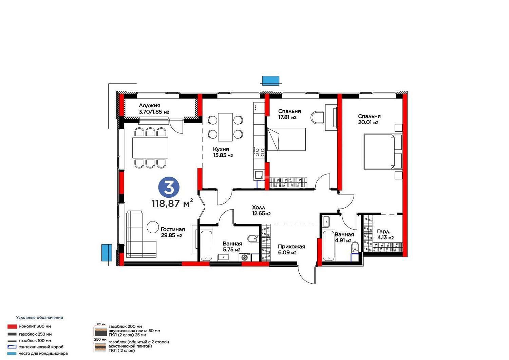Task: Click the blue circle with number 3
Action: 169,187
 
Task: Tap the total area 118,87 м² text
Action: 172,203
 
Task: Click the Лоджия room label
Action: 150,106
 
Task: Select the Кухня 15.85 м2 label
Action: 223,152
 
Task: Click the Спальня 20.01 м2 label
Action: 369,119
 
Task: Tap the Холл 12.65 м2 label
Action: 261,211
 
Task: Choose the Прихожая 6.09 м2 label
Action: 291,250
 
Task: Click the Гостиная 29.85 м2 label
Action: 173,232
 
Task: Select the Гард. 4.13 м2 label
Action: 385,235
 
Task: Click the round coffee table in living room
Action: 153,227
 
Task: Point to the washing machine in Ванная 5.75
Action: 245,257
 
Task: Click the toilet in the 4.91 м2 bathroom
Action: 355,247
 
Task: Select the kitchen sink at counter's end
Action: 259,175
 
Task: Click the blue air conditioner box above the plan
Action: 271,80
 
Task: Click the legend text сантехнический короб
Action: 41,347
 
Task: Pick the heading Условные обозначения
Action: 40,318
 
